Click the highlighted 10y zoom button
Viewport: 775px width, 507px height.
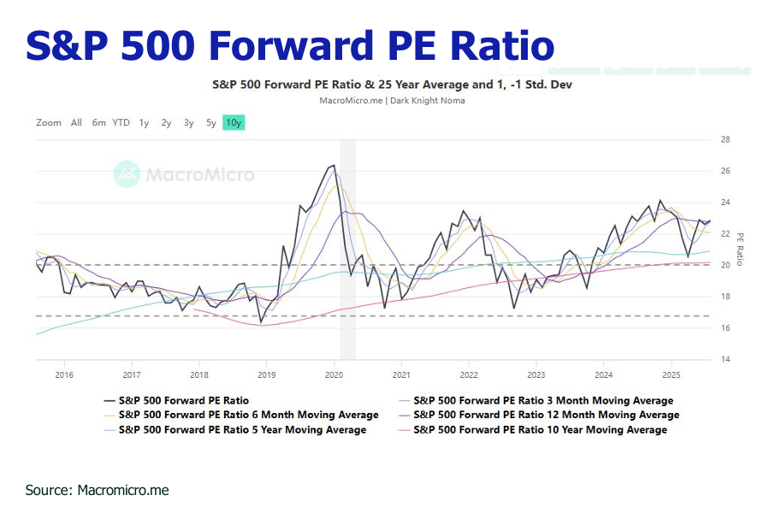234,122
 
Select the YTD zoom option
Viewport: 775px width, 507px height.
121,122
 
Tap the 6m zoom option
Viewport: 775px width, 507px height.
99,122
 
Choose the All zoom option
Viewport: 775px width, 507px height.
76,122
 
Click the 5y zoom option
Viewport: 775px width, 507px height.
210,122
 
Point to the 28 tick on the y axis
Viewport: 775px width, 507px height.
725,139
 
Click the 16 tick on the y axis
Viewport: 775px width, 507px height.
725,328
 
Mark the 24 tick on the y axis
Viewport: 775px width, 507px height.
725,203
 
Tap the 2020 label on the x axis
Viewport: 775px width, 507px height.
334,374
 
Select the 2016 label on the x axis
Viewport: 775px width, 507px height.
63,374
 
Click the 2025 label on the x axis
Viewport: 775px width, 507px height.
671,374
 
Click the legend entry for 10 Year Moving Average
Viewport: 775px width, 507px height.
539,429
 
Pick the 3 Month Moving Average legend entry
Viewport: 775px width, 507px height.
542,400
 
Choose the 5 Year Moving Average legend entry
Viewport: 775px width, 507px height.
242,429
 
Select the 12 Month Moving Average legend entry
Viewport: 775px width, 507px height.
545,415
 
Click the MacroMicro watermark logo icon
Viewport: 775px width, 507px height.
127,174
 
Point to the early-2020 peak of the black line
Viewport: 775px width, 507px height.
333,166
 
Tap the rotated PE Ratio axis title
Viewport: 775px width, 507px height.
740,249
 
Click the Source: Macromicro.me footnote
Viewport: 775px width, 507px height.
97,490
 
